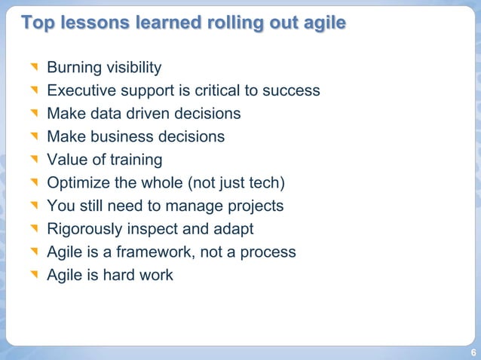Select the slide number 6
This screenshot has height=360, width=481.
click(473, 352)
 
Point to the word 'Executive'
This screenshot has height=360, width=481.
click(79, 91)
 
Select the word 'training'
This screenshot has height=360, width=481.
click(134, 160)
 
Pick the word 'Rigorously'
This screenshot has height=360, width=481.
click(84, 229)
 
